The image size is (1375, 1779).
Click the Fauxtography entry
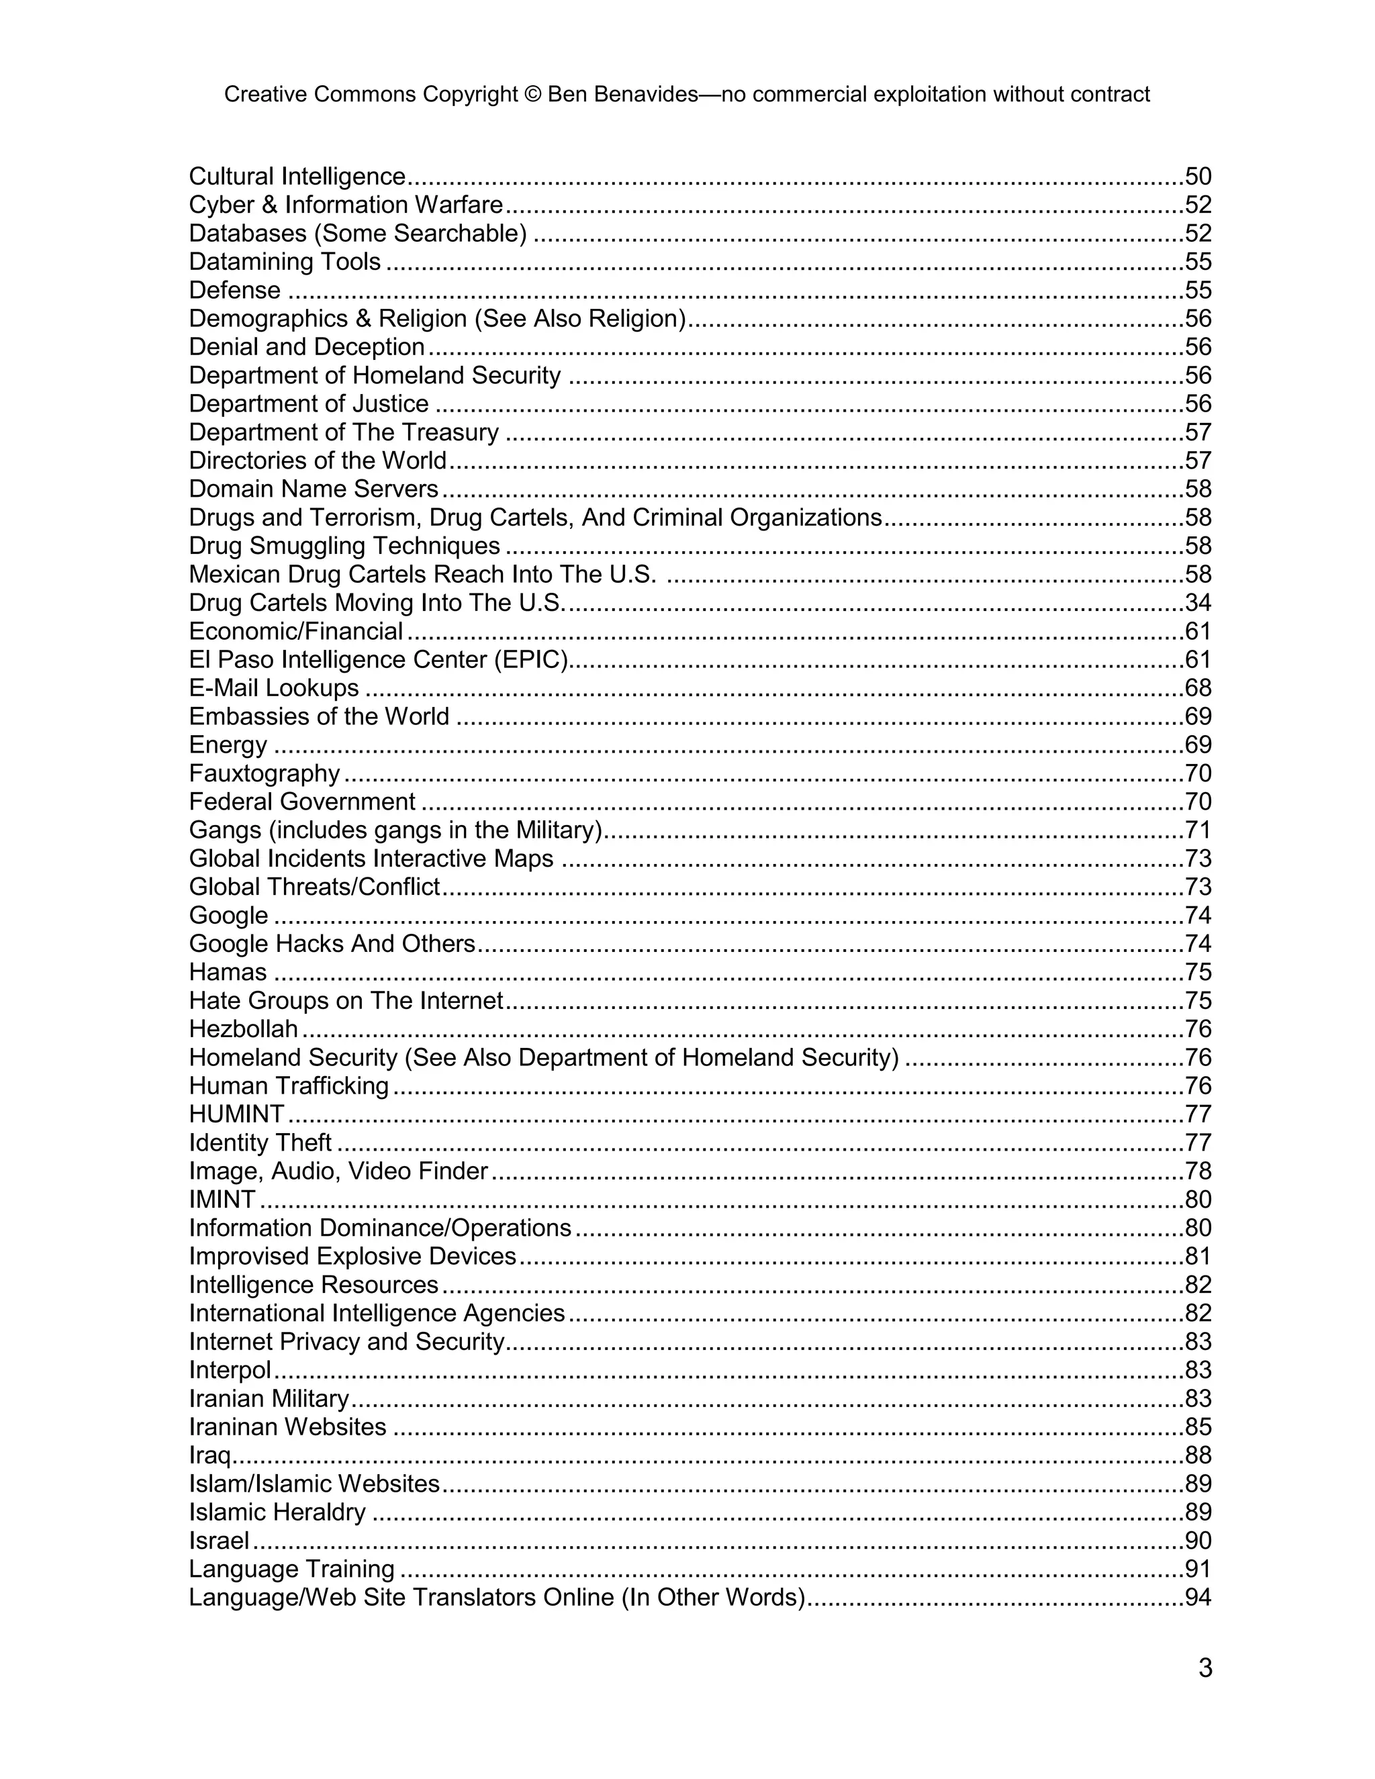(x=264, y=773)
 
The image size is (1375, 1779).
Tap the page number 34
(x=1198, y=603)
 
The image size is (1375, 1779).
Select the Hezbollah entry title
(x=243, y=1028)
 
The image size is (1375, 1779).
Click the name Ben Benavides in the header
(x=622, y=95)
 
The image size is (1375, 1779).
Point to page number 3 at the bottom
(x=1204, y=1668)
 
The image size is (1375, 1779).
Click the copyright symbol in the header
(x=532, y=95)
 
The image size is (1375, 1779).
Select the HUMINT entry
(x=236, y=1114)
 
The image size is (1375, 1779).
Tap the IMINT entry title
(x=222, y=1199)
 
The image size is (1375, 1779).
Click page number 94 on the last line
(x=1198, y=1597)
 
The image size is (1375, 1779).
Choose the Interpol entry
(x=230, y=1370)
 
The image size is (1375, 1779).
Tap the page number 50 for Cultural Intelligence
(x=1198, y=176)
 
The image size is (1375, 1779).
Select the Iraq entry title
(x=209, y=1455)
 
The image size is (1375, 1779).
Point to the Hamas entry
(x=228, y=972)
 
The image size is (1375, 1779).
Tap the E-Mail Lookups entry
(x=274, y=687)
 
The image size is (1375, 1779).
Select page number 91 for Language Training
(x=1198, y=1569)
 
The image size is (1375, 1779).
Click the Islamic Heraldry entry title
(x=277, y=1512)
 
